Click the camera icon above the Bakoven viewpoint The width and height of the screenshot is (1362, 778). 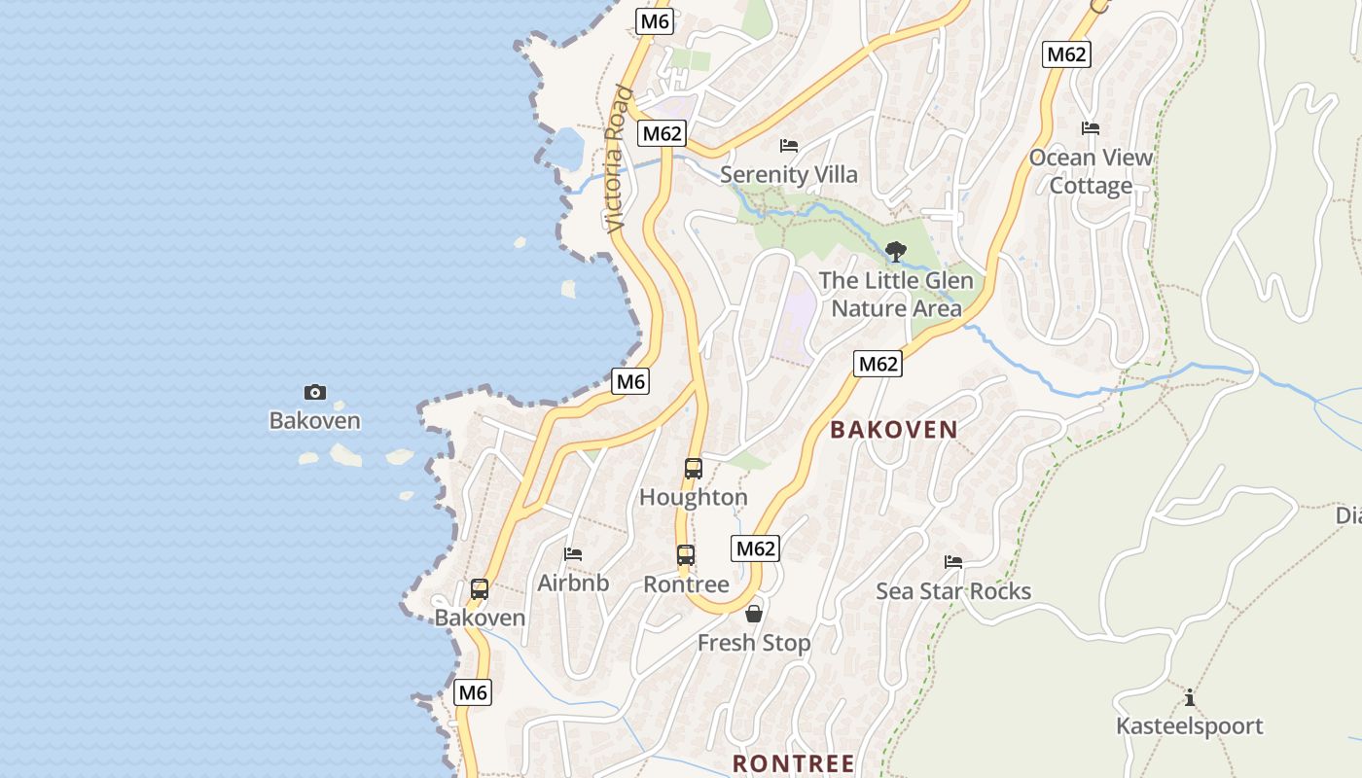click(x=314, y=392)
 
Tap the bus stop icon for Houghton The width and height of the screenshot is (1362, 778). click(x=694, y=468)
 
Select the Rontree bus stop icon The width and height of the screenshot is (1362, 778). click(x=686, y=555)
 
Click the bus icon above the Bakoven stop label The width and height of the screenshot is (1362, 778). click(x=480, y=588)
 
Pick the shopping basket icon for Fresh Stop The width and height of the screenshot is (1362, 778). click(x=754, y=614)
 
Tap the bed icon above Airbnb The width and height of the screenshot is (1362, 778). click(x=573, y=554)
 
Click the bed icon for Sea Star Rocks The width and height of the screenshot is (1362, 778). click(x=953, y=562)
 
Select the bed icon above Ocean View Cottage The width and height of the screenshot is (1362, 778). click(x=1091, y=128)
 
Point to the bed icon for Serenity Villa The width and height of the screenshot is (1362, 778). click(x=789, y=146)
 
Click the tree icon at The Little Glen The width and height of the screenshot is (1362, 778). click(x=896, y=252)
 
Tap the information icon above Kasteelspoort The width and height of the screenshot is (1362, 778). click(x=1189, y=697)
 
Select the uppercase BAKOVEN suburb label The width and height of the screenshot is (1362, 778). click(x=894, y=430)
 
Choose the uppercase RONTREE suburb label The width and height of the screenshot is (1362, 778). click(x=793, y=763)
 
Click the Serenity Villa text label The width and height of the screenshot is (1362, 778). click(x=789, y=175)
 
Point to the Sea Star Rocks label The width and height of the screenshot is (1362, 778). click(x=953, y=591)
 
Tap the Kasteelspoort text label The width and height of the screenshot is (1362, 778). click(x=1189, y=726)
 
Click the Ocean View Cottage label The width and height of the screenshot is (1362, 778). click(x=1091, y=171)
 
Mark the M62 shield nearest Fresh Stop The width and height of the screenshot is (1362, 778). click(x=755, y=548)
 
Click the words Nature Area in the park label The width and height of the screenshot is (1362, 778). click(x=896, y=309)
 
